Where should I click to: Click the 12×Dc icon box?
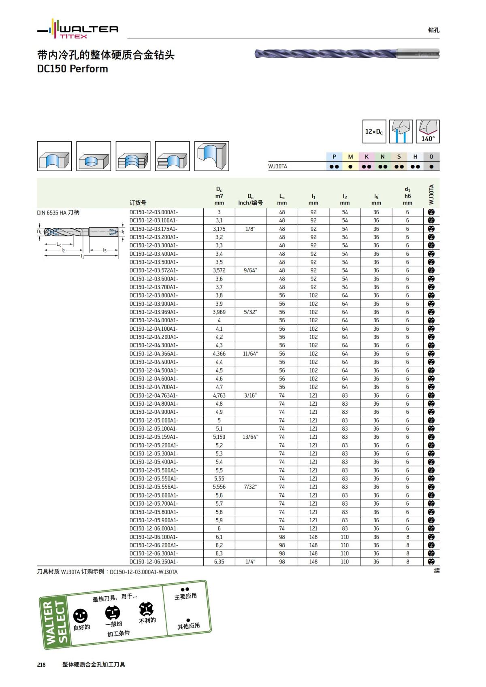tap(374, 132)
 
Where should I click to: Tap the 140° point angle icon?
tap(428, 132)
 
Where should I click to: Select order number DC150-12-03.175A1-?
tap(153, 229)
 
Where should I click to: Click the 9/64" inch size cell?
tap(250, 270)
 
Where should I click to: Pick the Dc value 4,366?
tap(219, 354)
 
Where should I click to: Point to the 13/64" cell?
tap(250, 437)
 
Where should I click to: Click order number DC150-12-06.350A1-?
tap(153, 562)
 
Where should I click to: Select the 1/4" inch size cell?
tap(250, 562)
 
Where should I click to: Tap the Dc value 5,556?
tap(219, 487)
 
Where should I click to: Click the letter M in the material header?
tap(350, 157)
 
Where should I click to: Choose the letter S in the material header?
tap(399, 157)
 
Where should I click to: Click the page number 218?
tap(41, 665)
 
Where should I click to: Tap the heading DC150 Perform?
tap(72, 69)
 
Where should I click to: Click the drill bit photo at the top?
tap(347, 54)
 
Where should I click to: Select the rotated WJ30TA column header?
tap(431, 194)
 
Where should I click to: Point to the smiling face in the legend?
tap(80, 616)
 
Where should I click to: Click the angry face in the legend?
tap(146, 608)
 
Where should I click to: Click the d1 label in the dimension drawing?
tap(122, 232)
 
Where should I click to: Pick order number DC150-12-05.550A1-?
tap(153, 479)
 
